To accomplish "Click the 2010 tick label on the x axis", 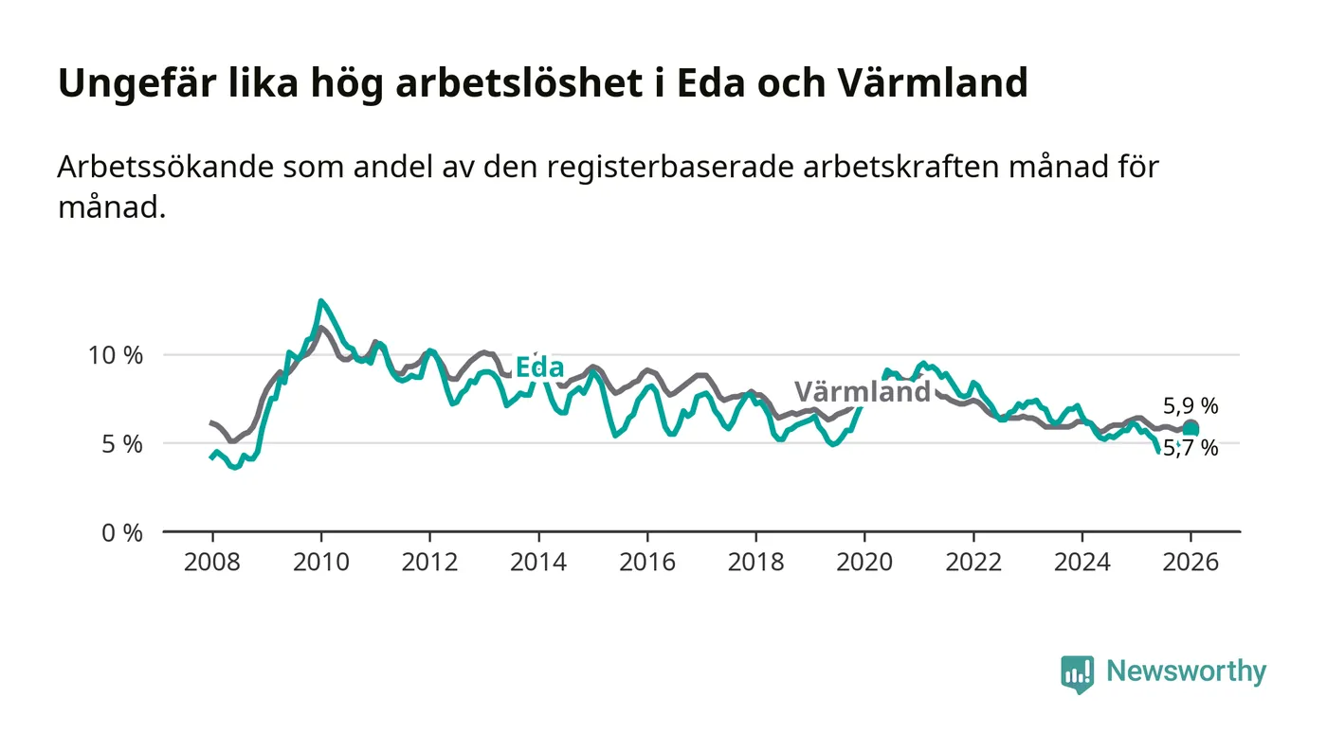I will coord(320,562).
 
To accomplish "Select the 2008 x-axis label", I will coord(211,562).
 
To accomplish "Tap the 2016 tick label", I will coord(646,562).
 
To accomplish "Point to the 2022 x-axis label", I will coord(973,562).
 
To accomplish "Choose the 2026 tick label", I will coord(1191,562).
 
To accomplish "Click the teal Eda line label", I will coord(539,368).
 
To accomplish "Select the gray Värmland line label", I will coord(863,392).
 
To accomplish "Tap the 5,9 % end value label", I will coord(1191,407).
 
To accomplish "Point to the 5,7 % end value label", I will coord(1191,448).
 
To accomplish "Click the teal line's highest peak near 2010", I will coord(321,301).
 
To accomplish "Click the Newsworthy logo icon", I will coord(1077,673).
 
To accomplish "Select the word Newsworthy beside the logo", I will coord(1186,671).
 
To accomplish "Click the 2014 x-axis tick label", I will coord(537,562).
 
